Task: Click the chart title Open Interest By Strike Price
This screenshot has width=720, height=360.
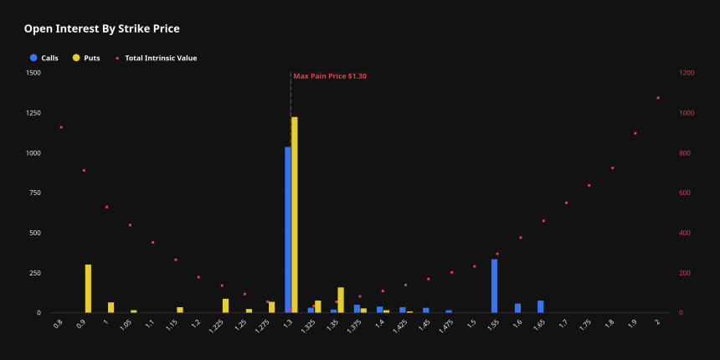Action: (101, 28)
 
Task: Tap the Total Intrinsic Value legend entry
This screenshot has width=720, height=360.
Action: (160, 58)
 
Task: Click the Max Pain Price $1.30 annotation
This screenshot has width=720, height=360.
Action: (330, 76)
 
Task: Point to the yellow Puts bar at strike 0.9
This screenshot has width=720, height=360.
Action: (88, 289)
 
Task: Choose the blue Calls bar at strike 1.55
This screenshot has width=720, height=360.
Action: (495, 285)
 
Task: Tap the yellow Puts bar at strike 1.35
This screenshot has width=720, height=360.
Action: (341, 300)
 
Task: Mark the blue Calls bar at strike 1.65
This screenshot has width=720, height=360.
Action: (541, 306)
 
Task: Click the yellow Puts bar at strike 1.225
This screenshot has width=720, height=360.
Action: (225, 306)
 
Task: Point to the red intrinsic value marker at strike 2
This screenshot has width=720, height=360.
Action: (658, 98)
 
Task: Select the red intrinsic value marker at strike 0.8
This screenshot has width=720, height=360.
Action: (61, 127)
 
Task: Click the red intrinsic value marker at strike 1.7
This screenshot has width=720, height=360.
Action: (566, 203)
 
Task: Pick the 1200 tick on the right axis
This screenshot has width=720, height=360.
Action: (687, 73)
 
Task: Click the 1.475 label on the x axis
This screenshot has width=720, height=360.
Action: (447, 323)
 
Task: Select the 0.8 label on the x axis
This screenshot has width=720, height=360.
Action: (58, 321)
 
